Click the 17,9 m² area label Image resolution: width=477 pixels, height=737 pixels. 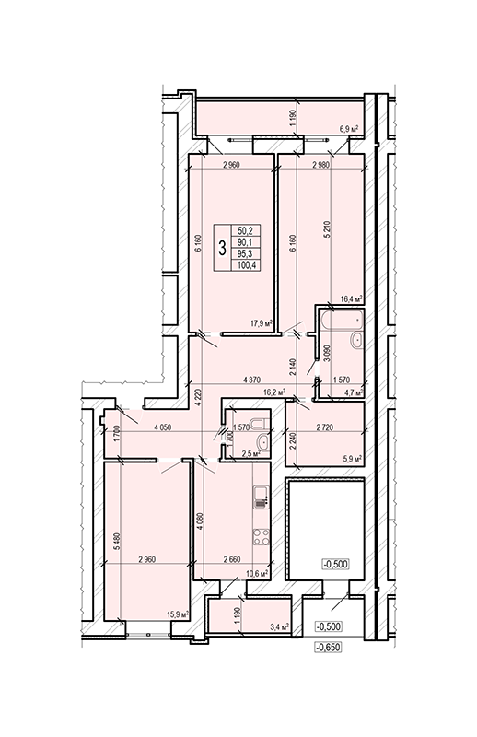[x=262, y=323]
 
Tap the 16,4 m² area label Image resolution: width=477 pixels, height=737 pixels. [x=352, y=298]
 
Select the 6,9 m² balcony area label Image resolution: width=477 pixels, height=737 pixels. [x=349, y=129]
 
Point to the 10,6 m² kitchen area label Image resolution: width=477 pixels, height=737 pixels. [x=257, y=573]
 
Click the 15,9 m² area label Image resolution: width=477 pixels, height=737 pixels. [x=178, y=614]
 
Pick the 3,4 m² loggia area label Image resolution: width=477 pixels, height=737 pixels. [x=278, y=626]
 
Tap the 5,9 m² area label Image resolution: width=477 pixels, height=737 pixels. [x=353, y=458]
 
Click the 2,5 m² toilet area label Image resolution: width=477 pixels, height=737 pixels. [x=250, y=453]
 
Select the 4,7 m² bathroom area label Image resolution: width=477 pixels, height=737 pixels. [x=353, y=392]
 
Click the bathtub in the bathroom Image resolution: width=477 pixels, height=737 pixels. [x=342, y=320]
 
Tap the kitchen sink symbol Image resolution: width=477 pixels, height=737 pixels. [x=262, y=494]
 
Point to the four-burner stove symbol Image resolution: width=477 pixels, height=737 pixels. [x=262, y=537]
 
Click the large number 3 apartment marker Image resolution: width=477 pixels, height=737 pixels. [x=222, y=248]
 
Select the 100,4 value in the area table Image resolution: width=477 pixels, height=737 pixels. [x=246, y=265]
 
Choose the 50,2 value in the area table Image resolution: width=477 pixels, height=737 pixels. [x=246, y=230]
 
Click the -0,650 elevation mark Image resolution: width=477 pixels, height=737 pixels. [x=328, y=648]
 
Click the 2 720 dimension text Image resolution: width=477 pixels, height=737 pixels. [x=325, y=427]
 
